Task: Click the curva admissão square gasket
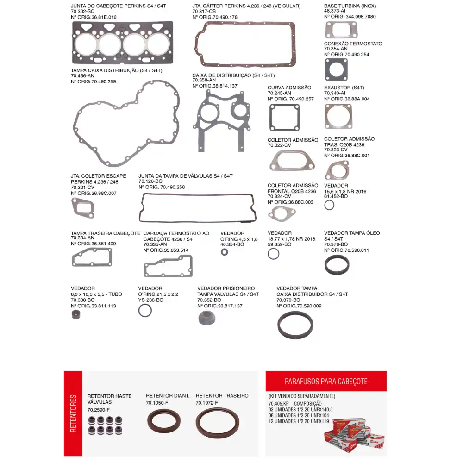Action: click(x=284, y=117)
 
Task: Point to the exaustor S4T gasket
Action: click(x=338, y=116)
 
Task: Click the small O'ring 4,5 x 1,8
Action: click(x=225, y=252)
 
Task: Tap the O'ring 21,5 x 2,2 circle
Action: click(x=145, y=310)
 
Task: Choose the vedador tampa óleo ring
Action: click(x=337, y=265)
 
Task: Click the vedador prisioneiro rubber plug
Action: click(x=206, y=318)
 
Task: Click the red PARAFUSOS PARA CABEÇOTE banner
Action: click(x=326, y=381)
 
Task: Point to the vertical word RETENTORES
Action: click(x=73, y=413)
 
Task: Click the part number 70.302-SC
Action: click(x=82, y=12)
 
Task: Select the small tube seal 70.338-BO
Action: click(x=76, y=315)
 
